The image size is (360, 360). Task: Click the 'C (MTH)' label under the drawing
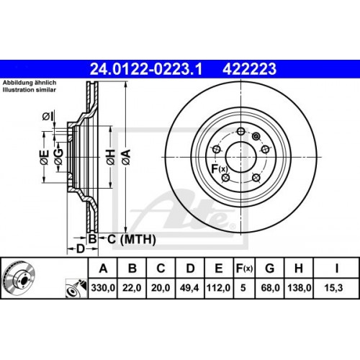[124, 238]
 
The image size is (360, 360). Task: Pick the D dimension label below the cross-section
[81, 248]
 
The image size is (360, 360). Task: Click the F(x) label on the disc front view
[218, 169]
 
